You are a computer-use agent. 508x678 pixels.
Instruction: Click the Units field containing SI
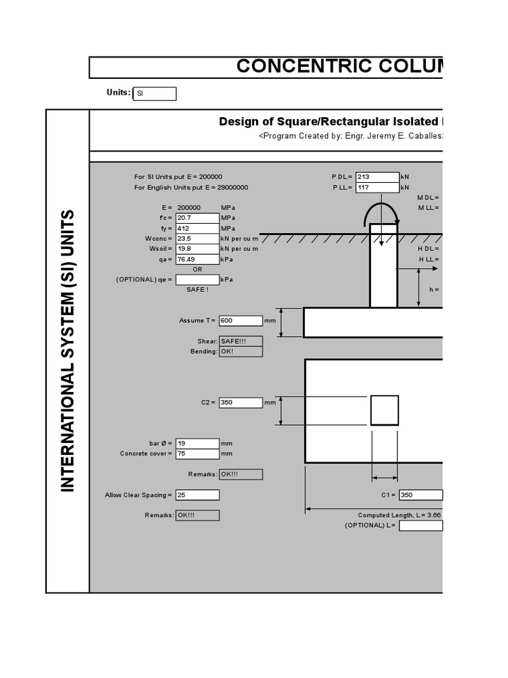(155, 94)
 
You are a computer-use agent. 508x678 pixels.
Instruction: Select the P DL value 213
(377, 177)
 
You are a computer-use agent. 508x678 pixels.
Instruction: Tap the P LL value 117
(377, 187)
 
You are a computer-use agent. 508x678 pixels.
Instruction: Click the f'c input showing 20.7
(197, 218)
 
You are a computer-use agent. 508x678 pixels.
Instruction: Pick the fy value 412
(197, 228)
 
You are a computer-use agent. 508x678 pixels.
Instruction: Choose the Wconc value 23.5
(197, 238)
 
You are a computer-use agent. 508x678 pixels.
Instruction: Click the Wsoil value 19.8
(197, 249)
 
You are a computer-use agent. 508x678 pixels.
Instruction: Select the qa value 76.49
(197, 260)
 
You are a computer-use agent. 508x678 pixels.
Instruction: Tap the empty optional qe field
(197, 279)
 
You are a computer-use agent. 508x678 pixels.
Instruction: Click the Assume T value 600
(241, 320)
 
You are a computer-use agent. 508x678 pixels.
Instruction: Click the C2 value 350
(241, 402)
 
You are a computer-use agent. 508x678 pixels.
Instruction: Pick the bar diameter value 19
(197, 443)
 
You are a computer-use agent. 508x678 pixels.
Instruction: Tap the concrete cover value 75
(197, 454)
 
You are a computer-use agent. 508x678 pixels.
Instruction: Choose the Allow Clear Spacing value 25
(197, 495)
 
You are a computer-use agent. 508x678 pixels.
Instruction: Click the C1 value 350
(420, 495)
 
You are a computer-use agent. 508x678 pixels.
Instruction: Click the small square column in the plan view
(384, 410)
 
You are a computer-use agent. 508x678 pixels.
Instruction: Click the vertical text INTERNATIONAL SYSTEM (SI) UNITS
(68, 350)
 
